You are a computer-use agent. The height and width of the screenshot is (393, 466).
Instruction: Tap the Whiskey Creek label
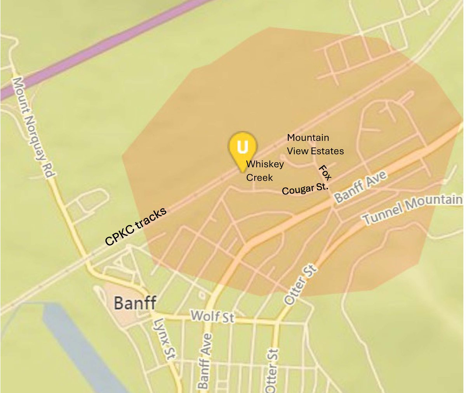point(264,171)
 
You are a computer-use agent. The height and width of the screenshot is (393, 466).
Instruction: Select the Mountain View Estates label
point(315,144)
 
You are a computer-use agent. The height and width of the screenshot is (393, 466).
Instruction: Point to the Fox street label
point(325,173)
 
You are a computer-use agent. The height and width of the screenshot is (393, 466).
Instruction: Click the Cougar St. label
point(305,189)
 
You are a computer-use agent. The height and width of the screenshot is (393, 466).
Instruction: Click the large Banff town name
point(135,303)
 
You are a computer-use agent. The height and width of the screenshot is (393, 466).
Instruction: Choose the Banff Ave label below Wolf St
point(205,361)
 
